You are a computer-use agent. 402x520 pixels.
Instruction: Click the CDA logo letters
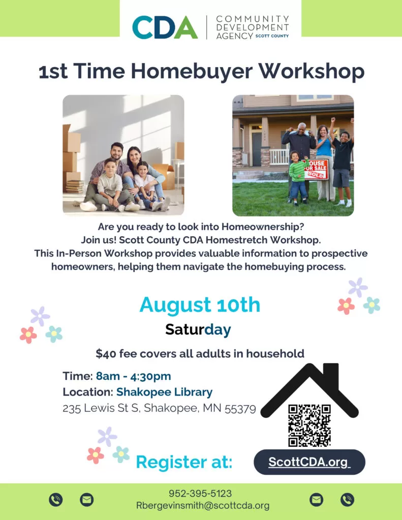[x=165, y=27]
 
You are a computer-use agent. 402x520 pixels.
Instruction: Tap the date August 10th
[x=200, y=305]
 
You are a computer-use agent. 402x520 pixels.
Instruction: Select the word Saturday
[x=198, y=330]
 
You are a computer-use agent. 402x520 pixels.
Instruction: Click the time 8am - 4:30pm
[x=134, y=376]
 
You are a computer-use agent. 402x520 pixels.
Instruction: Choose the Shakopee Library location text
[x=164, y=392]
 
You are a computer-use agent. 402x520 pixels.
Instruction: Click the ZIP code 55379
[x=240, y=408]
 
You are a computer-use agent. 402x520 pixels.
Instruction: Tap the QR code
[x=310, y=426]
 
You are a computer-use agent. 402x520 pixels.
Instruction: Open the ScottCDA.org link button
[x=310, y=462]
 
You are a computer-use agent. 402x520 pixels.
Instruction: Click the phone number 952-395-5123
[x=200, y=494]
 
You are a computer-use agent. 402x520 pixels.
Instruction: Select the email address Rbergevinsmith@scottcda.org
[x=203, y=506]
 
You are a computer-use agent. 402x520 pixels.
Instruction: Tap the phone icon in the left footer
[x=56, y=500]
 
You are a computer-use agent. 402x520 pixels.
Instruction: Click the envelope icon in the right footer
[x=316, y=500]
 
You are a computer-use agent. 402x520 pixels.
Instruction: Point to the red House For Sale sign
[x=316, y=169]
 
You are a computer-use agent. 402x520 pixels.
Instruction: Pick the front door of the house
[x=257, y=149]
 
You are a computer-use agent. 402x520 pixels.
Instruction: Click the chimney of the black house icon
[x=331, y=376]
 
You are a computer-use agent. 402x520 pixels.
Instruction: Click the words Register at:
[x=184, y=462]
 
